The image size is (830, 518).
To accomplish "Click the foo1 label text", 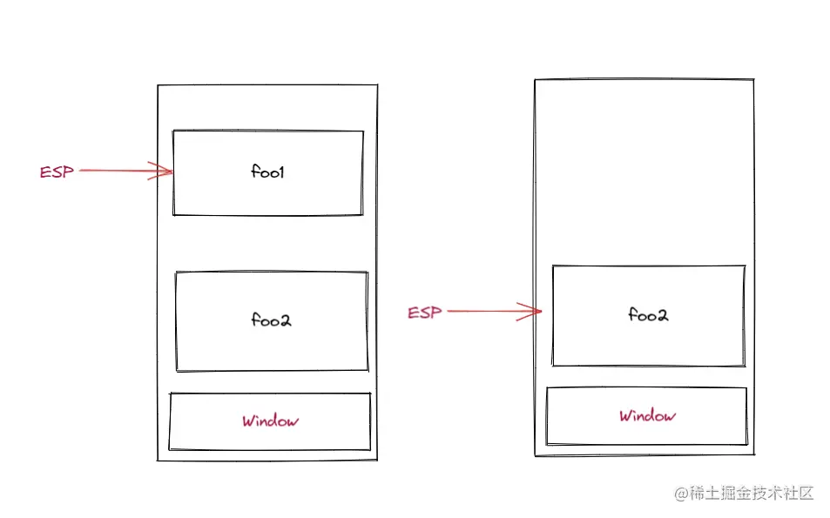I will click(268, 172).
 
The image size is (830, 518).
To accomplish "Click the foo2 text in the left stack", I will click(271, 320).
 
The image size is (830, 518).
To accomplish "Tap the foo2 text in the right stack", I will click(647, 315).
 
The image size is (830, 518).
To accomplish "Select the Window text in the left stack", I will click(270, 421).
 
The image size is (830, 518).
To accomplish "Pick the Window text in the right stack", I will click(647, 416).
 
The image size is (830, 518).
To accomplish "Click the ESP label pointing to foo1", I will click(57, 172).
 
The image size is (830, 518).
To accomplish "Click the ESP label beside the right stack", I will click(425, 313).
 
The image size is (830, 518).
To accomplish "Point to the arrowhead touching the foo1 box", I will click(164, 172).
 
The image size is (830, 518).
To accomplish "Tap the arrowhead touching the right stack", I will click(532, 311).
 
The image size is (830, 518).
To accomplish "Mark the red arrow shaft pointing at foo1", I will click(118, 172).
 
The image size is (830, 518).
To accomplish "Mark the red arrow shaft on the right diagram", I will click(488, 311).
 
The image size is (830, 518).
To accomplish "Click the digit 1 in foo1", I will click(282, 172).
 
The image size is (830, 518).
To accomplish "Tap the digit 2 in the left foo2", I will click(286, 320).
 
